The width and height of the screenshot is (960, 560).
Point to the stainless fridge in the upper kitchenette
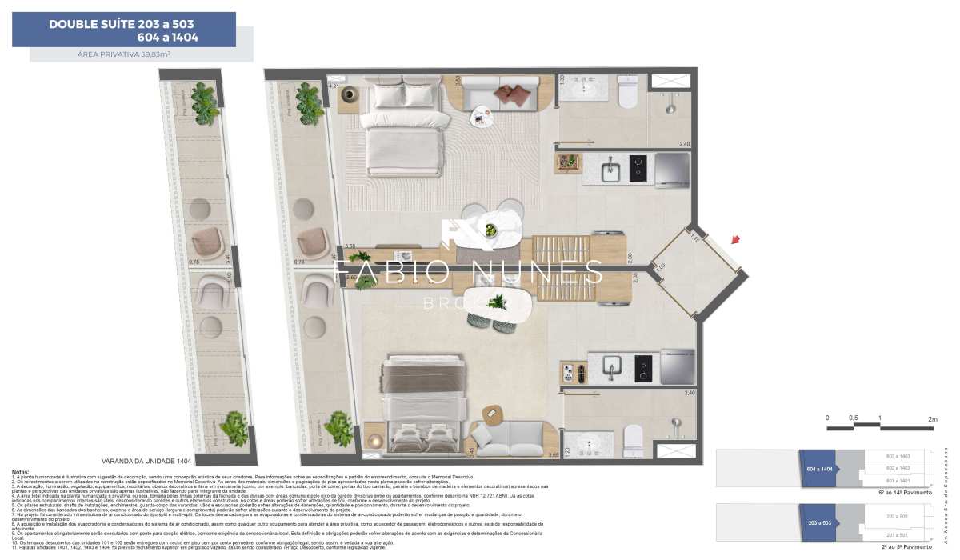point(672,169)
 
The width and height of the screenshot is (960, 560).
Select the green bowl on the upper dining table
point(490,230)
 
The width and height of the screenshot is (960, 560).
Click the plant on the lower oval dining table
point(497,302)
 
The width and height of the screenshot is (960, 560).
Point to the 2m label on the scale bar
point(932,418)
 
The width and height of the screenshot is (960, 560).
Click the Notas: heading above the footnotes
point(21,472)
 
